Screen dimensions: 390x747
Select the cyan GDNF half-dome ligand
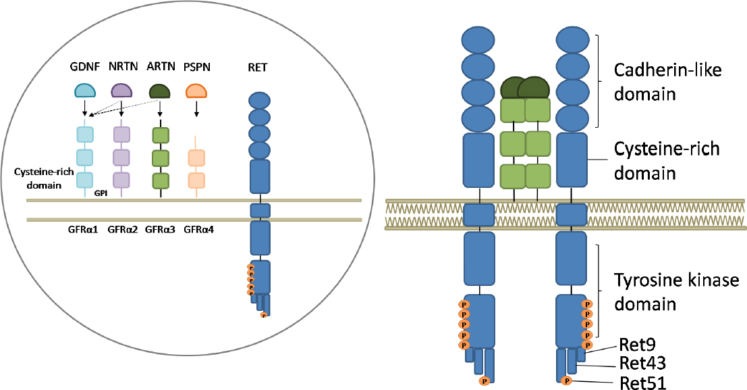(84, 91)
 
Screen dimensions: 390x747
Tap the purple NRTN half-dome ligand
(121, 91)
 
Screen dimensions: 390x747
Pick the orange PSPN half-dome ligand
(196, 91)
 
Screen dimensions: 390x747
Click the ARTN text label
(159, 67)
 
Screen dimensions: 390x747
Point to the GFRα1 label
(84, 229)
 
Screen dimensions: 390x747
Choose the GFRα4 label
(199, 229)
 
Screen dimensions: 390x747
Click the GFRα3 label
(161, 229)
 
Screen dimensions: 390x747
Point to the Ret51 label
(642, 383)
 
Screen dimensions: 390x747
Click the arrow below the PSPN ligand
(196, 109)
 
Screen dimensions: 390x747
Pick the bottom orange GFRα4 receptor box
(196, 180)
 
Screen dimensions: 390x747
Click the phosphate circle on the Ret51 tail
(565, 381)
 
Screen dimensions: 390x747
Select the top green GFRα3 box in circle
(160, 135)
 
